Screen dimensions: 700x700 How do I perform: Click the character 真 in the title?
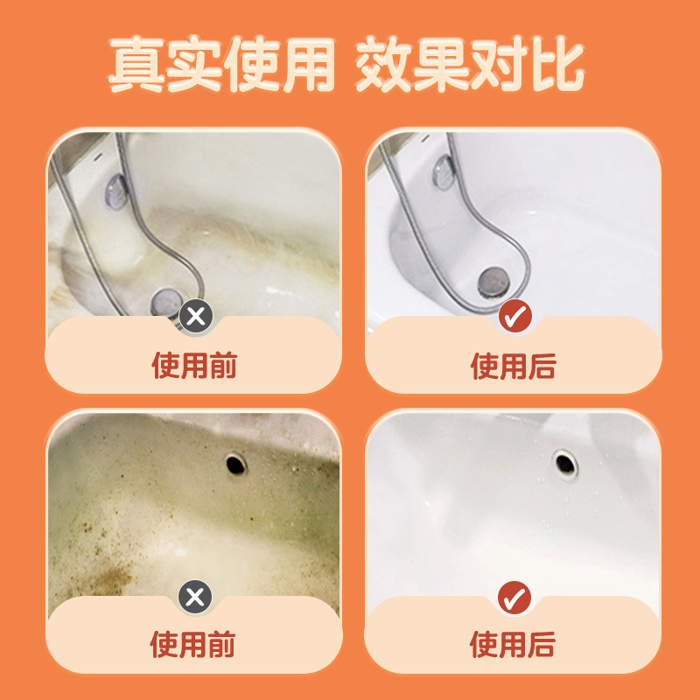(x=137, y=64)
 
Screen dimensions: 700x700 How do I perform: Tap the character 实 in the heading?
(x=194, y=64)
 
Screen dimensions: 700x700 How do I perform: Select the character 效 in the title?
(x=385, y=64)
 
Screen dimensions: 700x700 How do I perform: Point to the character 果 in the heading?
(x=443, y=64)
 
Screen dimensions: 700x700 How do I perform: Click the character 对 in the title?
(x=499, y=64)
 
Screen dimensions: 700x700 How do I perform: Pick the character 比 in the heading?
(x=556, y=64)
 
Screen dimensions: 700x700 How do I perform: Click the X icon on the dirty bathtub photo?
(x=195, y=317)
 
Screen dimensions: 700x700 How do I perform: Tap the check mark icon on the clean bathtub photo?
(x=515, y=316)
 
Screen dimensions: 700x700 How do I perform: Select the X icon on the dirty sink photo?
(x=195, y=597)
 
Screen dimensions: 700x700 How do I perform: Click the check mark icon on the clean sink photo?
(x=514, y=598)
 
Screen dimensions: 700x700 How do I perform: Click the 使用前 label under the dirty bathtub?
(x=194, y=366)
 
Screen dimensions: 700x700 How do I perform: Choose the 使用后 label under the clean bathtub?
(x=514, y=366)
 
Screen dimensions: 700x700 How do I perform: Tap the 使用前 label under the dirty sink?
(x=192, y=645)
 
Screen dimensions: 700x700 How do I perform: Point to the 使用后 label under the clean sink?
(x=513, y=645)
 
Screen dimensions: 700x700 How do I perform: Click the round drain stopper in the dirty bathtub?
(x=166, y=302)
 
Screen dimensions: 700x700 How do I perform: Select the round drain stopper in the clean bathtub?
(x=493, y=282)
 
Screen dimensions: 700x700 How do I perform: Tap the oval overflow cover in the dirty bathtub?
(x=117, y=191)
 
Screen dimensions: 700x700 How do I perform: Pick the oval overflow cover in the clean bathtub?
(x=444, y=172)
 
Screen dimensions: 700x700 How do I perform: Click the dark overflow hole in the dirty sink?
(x=235, y=464)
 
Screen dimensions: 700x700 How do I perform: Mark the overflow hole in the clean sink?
(x=565, y=464)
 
